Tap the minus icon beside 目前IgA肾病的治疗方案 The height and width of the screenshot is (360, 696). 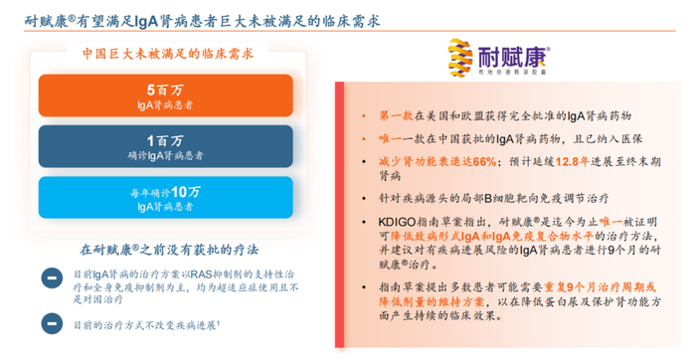49,279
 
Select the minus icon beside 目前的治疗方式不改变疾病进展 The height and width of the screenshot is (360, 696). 49,323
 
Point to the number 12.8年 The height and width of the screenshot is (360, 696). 565,159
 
